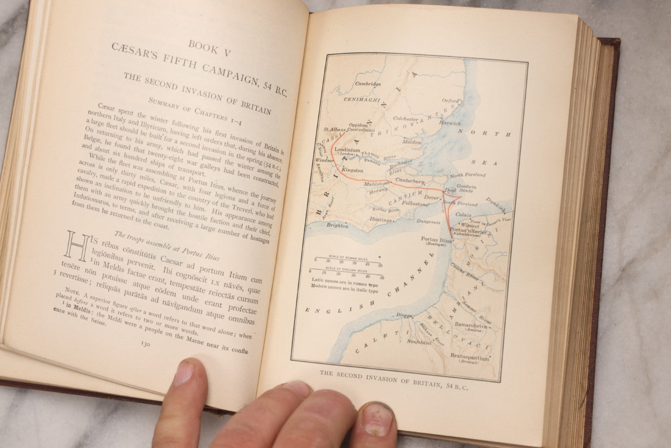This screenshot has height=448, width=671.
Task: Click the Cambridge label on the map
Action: point(368,84)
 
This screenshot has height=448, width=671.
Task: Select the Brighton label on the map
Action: point(337,225)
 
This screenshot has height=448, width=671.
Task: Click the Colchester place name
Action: point(405,119)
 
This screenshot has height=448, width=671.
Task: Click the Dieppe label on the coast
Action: point(404,315)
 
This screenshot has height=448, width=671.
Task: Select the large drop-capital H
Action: point(77,247)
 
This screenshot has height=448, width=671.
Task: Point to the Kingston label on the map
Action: point(352,171)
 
